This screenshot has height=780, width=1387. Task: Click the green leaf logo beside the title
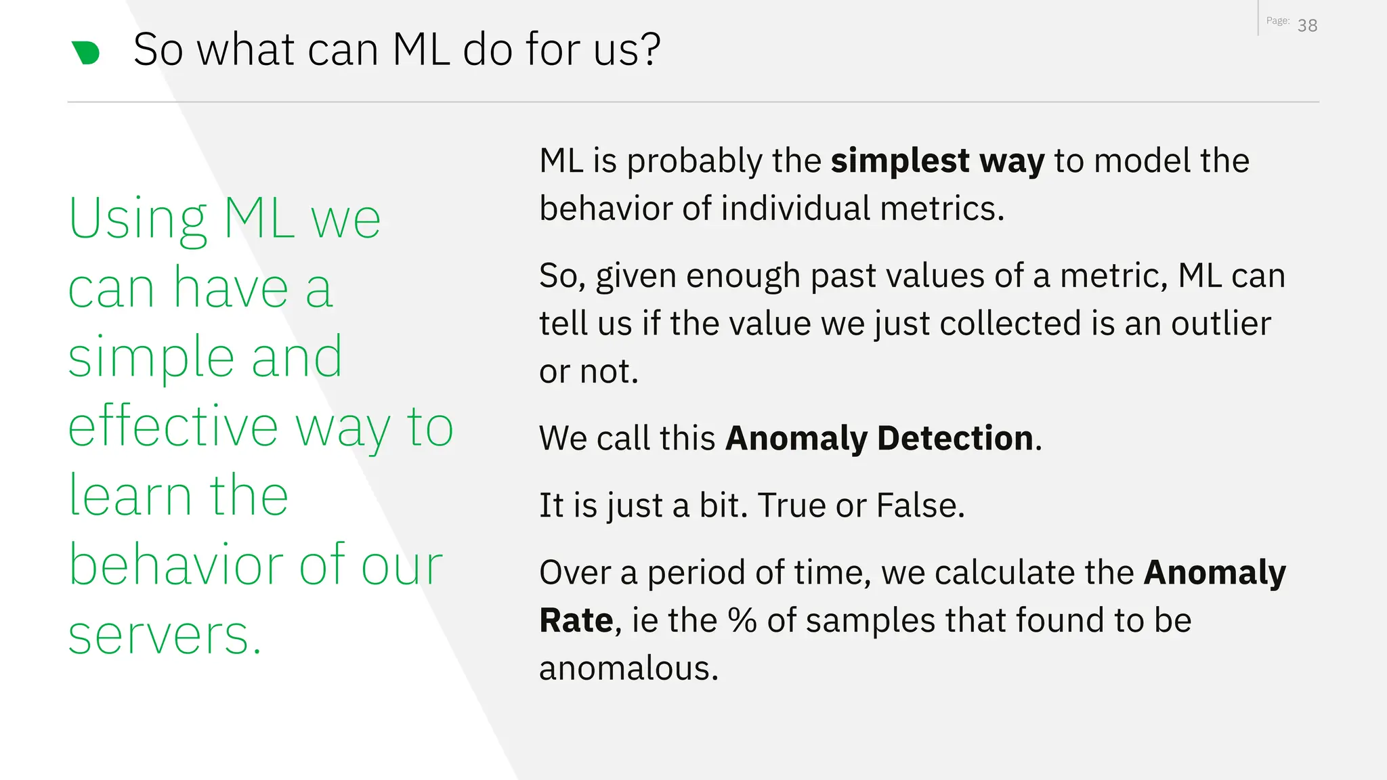[86, 52]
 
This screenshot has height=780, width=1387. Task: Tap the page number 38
[1307, 26]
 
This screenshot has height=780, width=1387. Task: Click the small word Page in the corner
[1277, 21]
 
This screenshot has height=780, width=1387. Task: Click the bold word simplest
[900, 161]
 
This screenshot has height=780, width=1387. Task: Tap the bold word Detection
[955, 438]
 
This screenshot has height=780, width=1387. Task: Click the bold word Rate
[576, 620]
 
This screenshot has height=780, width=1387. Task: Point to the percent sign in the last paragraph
[742, 620]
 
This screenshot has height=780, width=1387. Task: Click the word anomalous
[628, 668]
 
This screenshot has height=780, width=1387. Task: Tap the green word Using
[137, 219]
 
